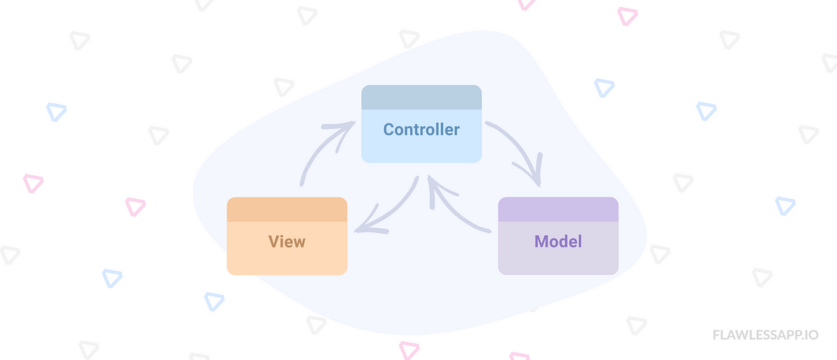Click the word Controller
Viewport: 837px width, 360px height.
tap(421, 129)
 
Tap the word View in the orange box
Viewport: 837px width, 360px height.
tap(287, 241)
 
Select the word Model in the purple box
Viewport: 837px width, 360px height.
tap(558, 241)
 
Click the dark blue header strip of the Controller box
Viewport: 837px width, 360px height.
tap(421, 98)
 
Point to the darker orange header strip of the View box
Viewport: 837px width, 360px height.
tap(287, 209)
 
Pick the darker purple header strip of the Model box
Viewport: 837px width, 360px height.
tap(558, 209)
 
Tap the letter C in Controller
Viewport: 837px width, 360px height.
tap(389, 129)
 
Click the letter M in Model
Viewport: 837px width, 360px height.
tap(541, 241)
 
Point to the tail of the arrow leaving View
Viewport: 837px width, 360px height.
tap(303, 184)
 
